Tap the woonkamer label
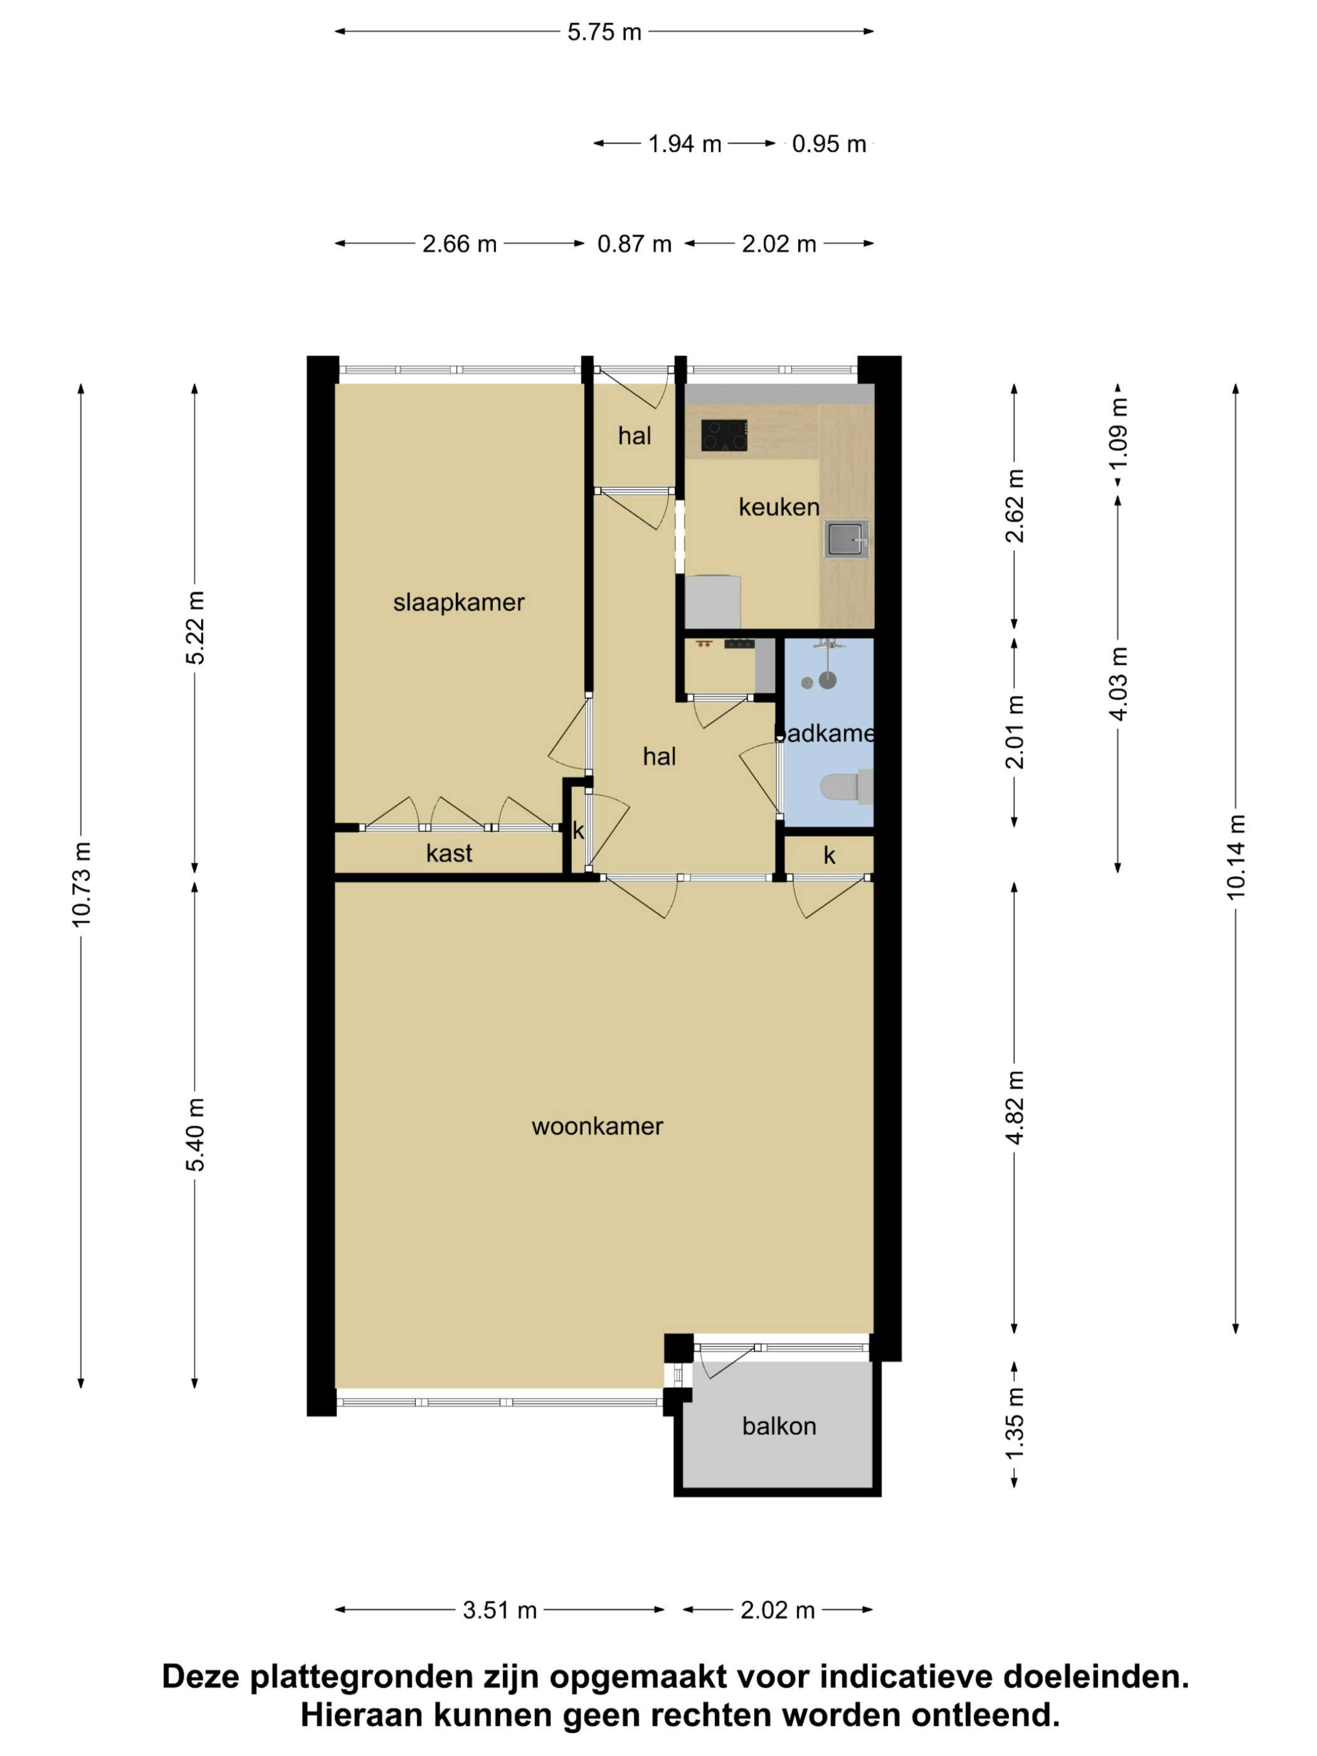pos(597,1126)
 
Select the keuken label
pos(779,507)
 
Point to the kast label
pos(448,854)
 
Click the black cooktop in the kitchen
pos(723,435)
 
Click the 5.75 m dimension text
pos(604,33)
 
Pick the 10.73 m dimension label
pos(81,884)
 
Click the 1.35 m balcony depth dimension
pos(1015,1424)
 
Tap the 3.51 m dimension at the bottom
pos(500,1610)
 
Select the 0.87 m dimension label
pos(634,244)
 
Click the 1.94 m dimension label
pos(684,144)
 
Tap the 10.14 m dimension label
pos(1236,857)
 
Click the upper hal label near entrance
pos(634,436)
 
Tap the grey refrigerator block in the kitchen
pos(712,601)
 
